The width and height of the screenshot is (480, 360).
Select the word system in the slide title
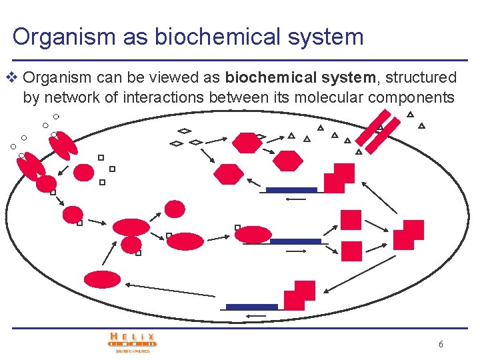pos(328,36)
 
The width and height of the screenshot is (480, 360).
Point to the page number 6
pos(441,345)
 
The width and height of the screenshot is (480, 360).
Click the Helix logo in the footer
pos(133,342)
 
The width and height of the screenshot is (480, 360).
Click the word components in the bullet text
pos(411,97)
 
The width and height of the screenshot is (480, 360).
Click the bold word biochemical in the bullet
pos(266,77)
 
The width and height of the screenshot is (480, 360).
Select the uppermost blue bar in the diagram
pos(291,190)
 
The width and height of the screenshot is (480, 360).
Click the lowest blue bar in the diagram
pos(251,307)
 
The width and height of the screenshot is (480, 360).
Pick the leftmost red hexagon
pos(228,174)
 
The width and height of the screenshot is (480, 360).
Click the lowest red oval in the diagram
pos(102,279)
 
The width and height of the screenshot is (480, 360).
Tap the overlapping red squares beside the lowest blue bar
pos(299,295)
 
